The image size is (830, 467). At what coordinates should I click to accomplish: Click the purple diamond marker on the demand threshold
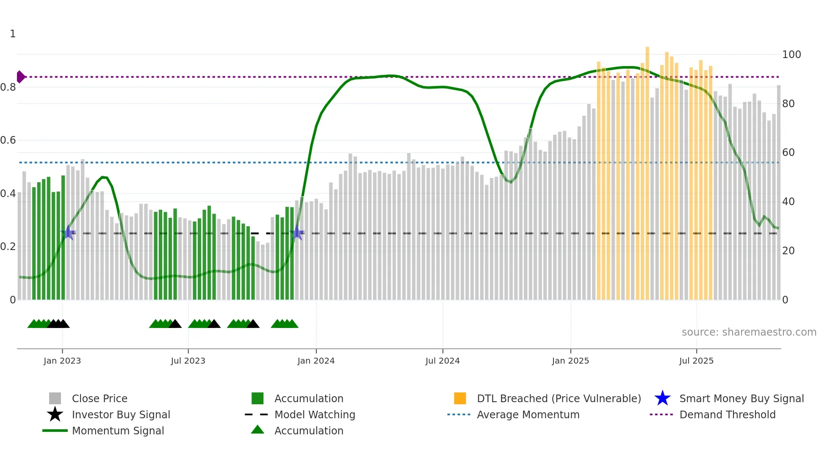[x=20, y=77]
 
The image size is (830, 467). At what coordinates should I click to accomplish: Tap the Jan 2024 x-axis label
[x=316, y=361]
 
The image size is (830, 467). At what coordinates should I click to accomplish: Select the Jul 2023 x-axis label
[x=188, y=361]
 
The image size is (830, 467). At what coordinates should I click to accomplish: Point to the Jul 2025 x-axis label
[x=696, y=361]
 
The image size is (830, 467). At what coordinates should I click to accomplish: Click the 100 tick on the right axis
[x=791, y=55]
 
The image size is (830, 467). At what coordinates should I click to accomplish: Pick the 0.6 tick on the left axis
[x=8, y=140]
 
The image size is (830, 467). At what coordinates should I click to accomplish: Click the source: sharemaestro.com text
[x=749, y=332]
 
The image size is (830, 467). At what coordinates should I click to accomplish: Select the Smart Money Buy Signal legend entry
[x=741, y=398]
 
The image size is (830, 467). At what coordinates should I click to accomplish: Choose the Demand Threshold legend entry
[x=727, y=414]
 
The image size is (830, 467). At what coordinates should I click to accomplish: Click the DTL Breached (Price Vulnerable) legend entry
[x=559, y=398]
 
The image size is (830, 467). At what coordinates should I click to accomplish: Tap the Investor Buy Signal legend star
[x=55, y=414]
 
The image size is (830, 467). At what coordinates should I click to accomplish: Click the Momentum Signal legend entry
[x=118, y=431]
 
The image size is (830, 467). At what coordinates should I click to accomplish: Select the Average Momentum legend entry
[x=528, y=414]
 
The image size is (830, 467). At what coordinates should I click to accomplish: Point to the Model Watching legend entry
[x=314, y=414]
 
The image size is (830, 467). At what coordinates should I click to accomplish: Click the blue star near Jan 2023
[x=68, y=233]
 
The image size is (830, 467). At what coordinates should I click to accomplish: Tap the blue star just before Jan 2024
[x=297, y=233]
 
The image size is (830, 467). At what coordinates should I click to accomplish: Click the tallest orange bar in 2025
[x=647, y=170]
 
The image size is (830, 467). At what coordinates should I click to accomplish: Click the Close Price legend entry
[x=99, y=398]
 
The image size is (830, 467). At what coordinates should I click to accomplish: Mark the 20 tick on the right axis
[x=788, y=251]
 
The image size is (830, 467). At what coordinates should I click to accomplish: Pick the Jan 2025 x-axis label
[x=570, y=361]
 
